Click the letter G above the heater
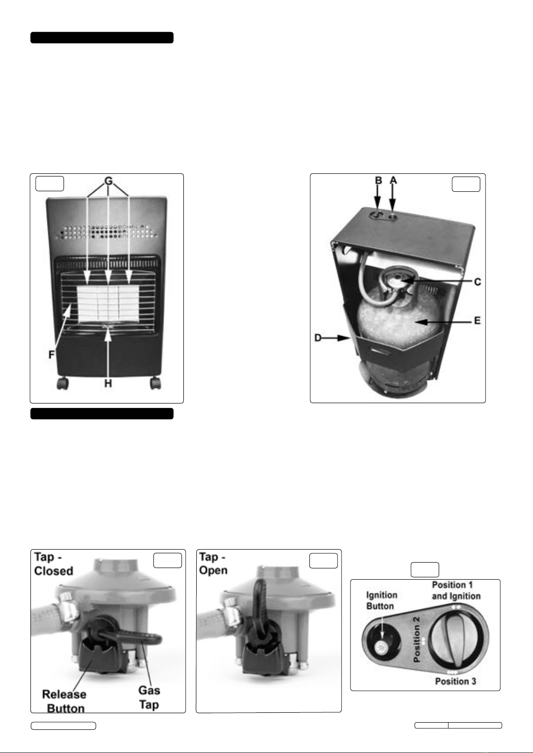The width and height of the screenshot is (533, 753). [108, 181]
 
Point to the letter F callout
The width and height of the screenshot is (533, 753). [51, 354]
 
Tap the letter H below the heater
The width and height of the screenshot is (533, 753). [108, 383]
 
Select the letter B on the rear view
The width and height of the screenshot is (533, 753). [378, 180]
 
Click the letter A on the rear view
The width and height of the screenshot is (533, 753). [393, 180]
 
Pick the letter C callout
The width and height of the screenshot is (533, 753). [478, 282]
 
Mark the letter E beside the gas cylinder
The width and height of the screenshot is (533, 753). [477, 321]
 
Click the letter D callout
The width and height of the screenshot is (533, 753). [318, 338]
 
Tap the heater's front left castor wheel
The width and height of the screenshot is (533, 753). [62, 383]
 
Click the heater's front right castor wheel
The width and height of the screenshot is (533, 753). [155, 383]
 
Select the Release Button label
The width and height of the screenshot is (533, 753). [64, 701]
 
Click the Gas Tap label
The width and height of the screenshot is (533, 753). [149, 698]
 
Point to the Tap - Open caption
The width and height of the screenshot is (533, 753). [213, 564]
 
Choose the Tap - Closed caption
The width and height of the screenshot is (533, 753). [54, 564]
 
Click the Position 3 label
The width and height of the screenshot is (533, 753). [456, 681]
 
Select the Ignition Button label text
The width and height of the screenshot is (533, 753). [382, 601]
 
